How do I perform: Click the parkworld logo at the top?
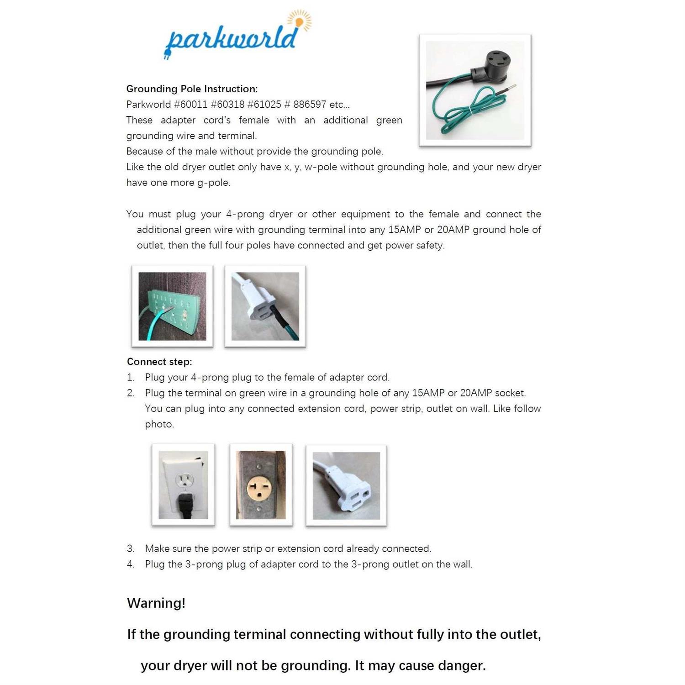pyautogui.click(x=231, y=40)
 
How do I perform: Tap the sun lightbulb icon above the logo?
pyautogui.click(x=299, y=21)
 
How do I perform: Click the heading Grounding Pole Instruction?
pyautogui.click(x=192, y=89)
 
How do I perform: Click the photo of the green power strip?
pyautogui.click(x=172, y=306)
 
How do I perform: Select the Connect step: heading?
pyautogui.click(x=159, y=362)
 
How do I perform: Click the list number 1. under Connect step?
pyautogui.click(x=131, y=378)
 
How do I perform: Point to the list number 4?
pyautogui.click(x=131, y=564)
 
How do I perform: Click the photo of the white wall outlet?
pyautogui.click(x=183, y=485)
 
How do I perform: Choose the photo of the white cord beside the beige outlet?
pyautogui.click(x=346, y=485)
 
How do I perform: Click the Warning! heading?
pyautogui.click(x=156, y=603)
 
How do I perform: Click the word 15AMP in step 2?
pyautogui.click(x=428, y=393)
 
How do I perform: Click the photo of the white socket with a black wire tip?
pyautogui.click(x=265, y=306)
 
